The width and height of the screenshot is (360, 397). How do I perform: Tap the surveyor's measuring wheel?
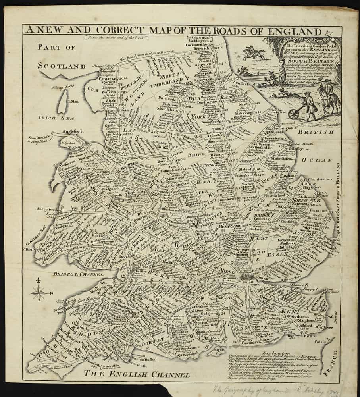(294, 114)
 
